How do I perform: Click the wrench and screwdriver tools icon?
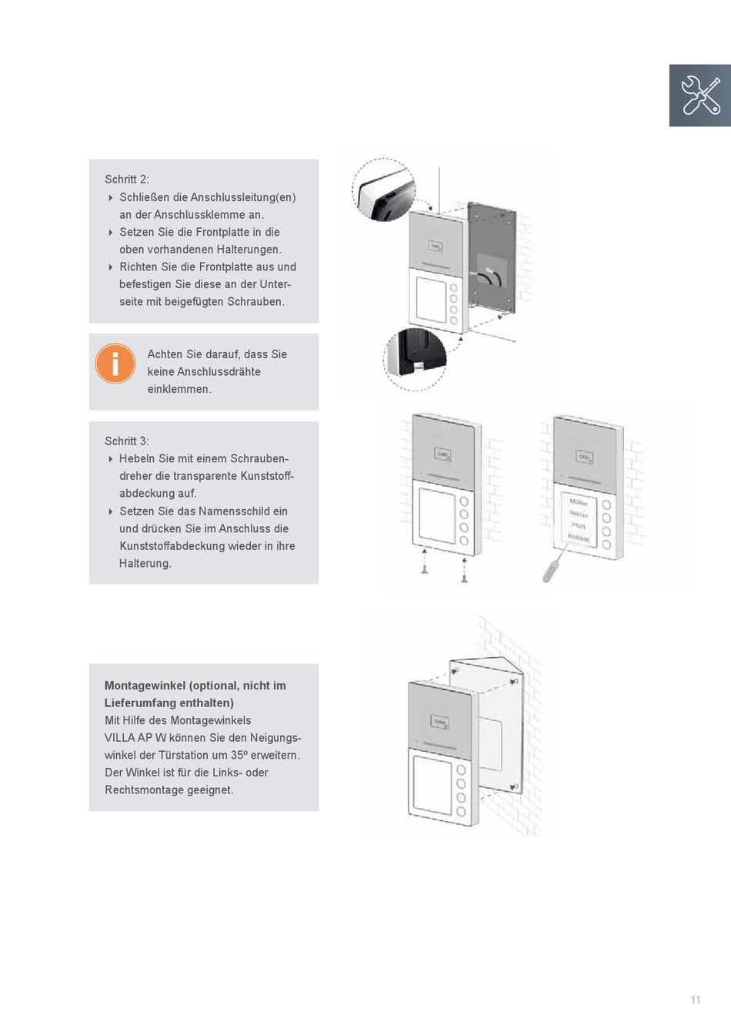click(700, 95)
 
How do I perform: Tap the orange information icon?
click(115, 364)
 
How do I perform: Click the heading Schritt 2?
click(127, 179)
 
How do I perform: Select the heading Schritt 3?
click(127, 441)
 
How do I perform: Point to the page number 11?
click(696, 1000)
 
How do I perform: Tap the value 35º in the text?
click(239, 756)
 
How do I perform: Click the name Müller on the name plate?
click(578, 502)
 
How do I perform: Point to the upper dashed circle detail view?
click(383, 189)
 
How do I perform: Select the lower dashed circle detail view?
click(415, 359)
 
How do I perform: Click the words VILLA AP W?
click(135, 738)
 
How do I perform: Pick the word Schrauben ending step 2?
click(259, 302)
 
